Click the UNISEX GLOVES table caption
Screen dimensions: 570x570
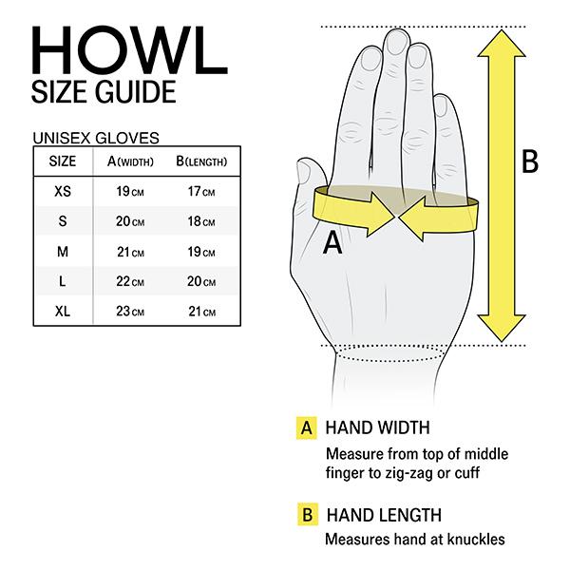(x=95, y=137)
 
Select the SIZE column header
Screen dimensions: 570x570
(x=63, y=161)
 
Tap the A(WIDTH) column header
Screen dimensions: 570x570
(x=130, y=161)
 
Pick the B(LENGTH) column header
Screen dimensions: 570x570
(x=201, y=161)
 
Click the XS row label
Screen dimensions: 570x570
(x=63, y=191)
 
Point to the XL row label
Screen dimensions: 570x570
(x=63, y=311)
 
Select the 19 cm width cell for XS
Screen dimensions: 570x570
(x=130, y=192)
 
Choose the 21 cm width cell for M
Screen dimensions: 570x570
(x=130, y=252)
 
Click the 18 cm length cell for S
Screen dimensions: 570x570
(x=201, y=221)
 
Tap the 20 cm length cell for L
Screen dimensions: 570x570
(x=201, y=281)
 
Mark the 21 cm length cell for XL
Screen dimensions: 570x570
(x=201, y=312)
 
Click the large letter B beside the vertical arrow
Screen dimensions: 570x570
(x=530, y=162)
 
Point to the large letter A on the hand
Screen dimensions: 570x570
(x=332, y=244)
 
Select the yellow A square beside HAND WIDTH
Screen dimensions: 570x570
(x=306, y=427)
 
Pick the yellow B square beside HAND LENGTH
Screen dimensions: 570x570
(x=306, y=516)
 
